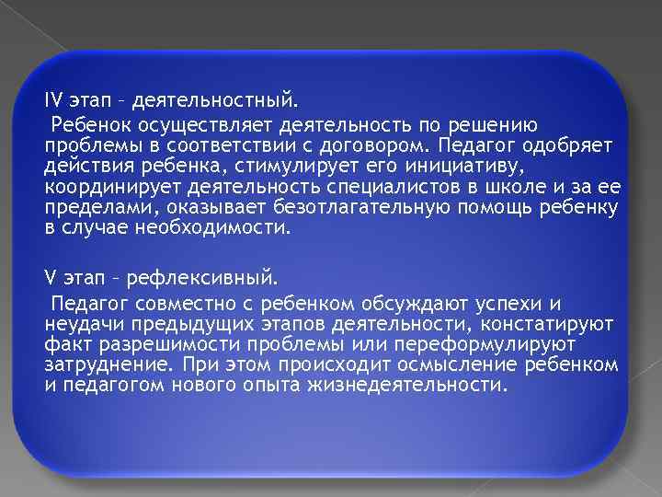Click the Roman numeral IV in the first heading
pos(53,98)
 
